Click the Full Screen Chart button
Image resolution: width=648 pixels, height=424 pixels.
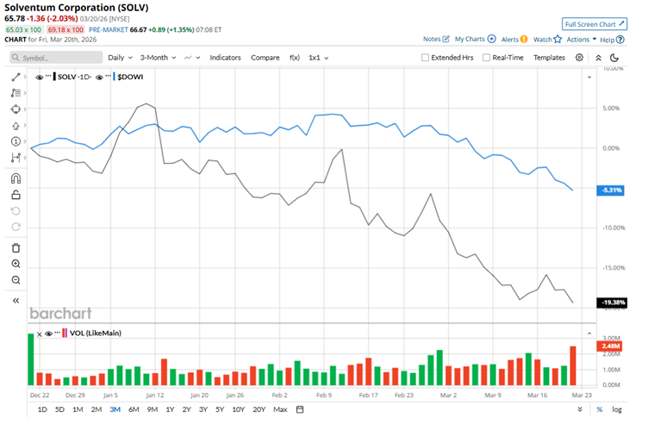point(594,24)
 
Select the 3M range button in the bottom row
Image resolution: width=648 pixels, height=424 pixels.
point(115,409)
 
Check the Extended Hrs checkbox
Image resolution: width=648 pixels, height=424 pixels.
point(426,58)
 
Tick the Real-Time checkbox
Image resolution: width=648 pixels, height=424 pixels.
point(487,58)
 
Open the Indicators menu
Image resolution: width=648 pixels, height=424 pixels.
point(225,57)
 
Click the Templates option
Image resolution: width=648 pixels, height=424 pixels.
point(549,57)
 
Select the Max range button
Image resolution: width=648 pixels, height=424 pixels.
point(279,409)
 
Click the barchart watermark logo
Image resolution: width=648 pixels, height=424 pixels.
point(61,314)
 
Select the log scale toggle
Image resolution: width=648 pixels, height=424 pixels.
point(616,409)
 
